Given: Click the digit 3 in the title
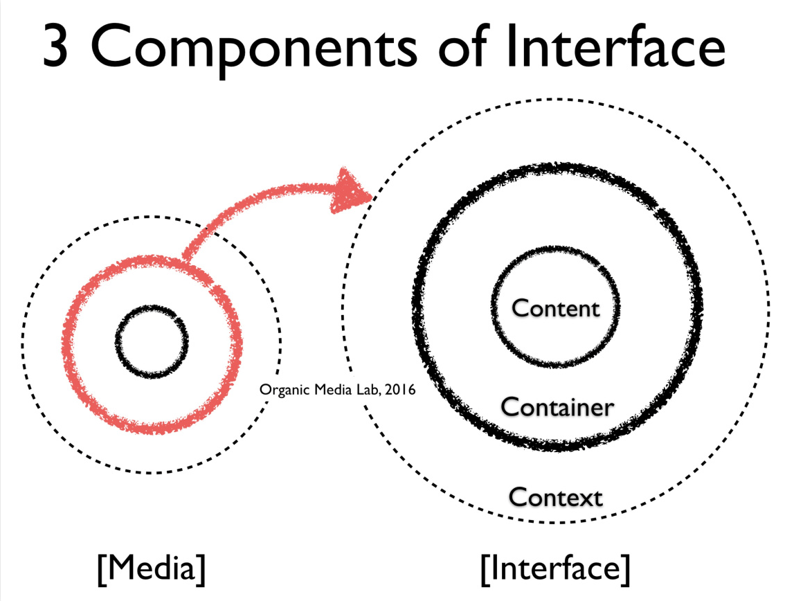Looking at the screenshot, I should (60, 47).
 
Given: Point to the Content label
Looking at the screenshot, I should (555, 308).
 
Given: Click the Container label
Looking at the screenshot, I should (557, 407).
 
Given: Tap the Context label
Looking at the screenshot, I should (555, 496).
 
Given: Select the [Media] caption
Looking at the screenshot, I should (151, 568).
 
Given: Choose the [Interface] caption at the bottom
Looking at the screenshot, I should (555, 568).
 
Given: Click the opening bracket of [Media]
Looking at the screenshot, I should (101, 569).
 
